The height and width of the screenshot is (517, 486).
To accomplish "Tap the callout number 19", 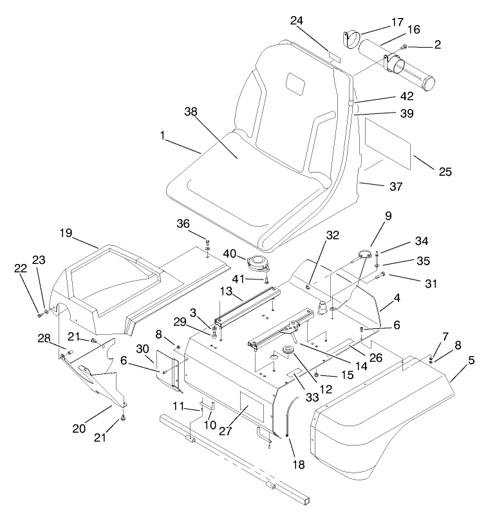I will (x=66, y=232).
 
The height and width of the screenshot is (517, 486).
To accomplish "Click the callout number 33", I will (x=313, y=398).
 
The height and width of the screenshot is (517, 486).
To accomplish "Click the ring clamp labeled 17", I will (x=351, y=39).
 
